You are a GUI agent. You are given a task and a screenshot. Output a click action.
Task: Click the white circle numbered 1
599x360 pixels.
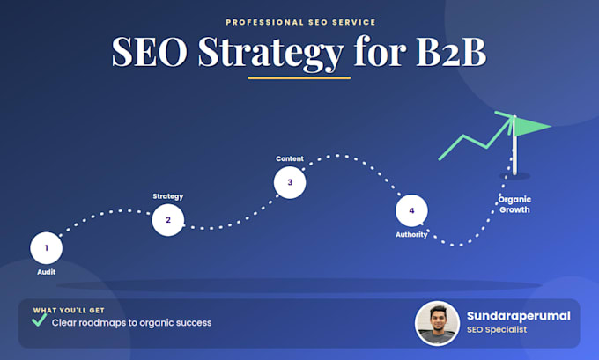[46, 248]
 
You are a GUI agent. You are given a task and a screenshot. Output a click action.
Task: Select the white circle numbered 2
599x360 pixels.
[168, 220]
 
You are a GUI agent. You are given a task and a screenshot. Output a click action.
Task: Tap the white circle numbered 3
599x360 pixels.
[290, 182]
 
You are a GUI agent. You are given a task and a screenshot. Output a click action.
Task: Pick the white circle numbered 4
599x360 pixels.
[411, 210]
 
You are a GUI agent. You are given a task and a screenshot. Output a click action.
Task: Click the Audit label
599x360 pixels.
[46, 272]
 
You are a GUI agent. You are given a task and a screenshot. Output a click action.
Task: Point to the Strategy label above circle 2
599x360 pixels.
[168, 196]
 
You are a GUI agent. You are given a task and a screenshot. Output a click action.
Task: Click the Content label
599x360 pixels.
[290, 158]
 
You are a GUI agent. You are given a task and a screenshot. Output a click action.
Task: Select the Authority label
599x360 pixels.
[411, 235]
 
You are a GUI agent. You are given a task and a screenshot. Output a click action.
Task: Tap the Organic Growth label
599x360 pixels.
[514, 204]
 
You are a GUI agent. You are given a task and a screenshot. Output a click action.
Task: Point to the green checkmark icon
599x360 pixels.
[40, 320]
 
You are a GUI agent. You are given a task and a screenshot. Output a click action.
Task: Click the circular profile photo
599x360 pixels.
[437, 324]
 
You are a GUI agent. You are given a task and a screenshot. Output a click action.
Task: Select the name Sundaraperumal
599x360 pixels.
[518, 316]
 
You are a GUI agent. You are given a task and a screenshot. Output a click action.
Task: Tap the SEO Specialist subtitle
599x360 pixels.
[497, 329]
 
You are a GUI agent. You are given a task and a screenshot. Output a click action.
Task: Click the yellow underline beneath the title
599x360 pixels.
[299, 78]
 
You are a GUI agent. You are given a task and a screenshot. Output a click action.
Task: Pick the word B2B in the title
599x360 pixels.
[451, 52]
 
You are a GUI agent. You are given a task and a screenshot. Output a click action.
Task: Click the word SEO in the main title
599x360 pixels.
[150, 52]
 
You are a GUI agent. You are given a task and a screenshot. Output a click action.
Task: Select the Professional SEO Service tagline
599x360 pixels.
[300, 22]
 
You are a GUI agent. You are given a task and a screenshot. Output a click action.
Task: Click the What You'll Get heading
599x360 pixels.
[69, 311]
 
